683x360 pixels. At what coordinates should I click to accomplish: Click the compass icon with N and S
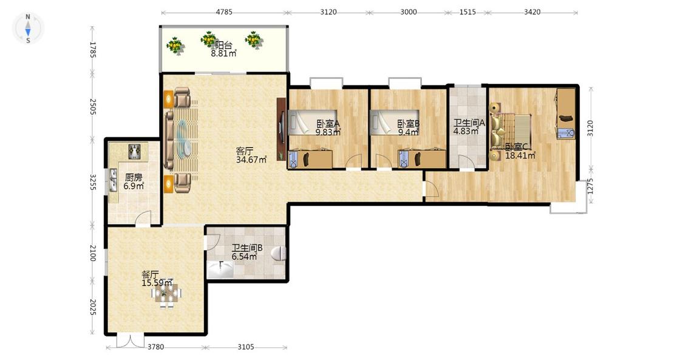pyautogui.click(x=28, y=29)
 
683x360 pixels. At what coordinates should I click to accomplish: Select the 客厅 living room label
pyautogui.click(x=245, y=151)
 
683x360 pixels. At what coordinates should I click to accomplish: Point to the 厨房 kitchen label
pyautogui.click(x=134, y=178)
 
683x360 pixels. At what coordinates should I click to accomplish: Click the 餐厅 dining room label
pyautogui.click(x=151, y=274)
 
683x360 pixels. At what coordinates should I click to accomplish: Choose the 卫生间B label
pyautogui.click(x=247, y=248)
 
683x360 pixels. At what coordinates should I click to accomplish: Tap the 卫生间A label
pyautogui.click(x=469, y=123)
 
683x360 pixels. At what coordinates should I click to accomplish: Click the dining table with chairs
pyautogui.click(x=167, y=294)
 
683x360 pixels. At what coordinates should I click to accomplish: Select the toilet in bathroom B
pyautogui.click(x=279, y=253)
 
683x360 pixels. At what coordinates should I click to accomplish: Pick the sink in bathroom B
pyautogui.click(x=221, y=270)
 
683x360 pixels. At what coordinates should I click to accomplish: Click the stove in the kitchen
pyautogui.click(x=135, y=151)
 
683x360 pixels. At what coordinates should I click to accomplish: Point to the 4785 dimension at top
pyautogui.click(x=224, y=12)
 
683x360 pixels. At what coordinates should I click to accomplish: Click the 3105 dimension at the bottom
pyautogui.click(x=246, y=347)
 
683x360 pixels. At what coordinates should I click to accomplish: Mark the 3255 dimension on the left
pyautogui.click(x=92, y=182)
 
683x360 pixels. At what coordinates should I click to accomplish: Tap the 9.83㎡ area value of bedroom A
pyautogui.click(x=328, y=132)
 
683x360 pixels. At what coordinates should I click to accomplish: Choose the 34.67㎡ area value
pyautogui.click(x=251, y=160)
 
